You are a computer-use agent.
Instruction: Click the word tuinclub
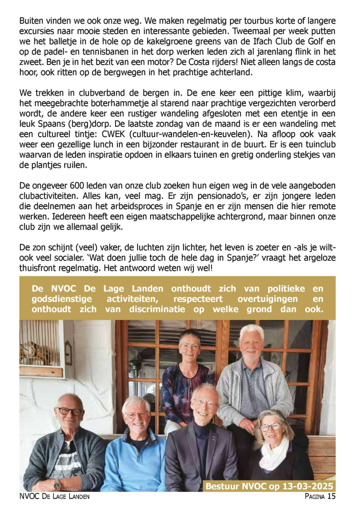tap(321, 145)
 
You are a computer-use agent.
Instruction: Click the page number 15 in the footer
tap(331, 496)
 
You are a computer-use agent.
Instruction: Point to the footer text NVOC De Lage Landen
tap(55, 496)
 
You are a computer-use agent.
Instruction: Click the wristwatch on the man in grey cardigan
tap(57, 486)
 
